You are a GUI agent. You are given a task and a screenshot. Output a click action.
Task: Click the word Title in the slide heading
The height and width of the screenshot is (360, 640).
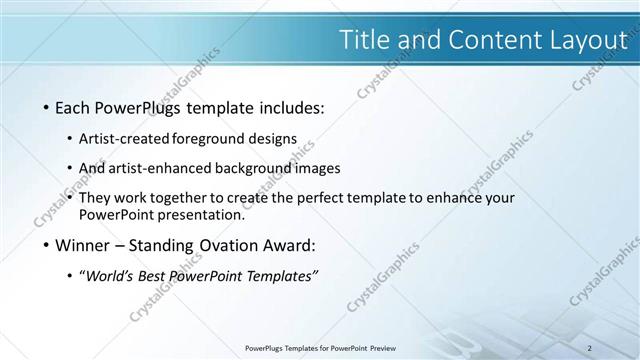[x=364, y=40]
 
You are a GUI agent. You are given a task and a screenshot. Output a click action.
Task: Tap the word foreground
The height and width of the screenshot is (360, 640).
[x=212, y=138]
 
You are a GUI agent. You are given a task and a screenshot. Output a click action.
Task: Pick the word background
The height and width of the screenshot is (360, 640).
[x=250, y=168]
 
